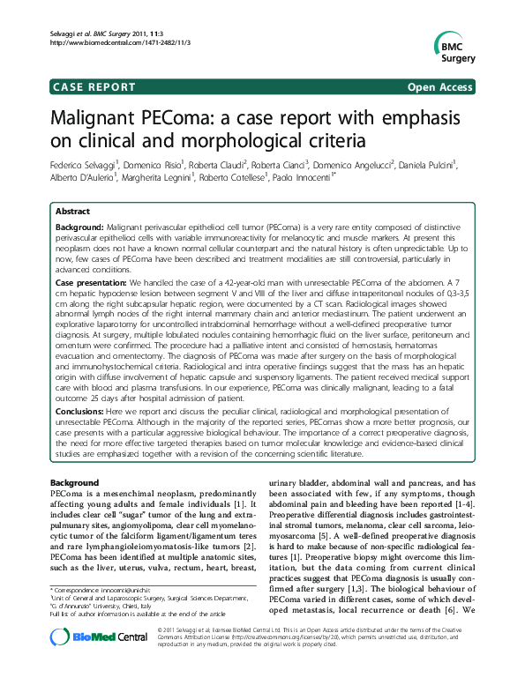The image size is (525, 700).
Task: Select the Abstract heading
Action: pos(72,212)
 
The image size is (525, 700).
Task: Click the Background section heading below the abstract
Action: pos(75,484)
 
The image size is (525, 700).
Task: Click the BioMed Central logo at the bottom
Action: pos(94,665)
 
